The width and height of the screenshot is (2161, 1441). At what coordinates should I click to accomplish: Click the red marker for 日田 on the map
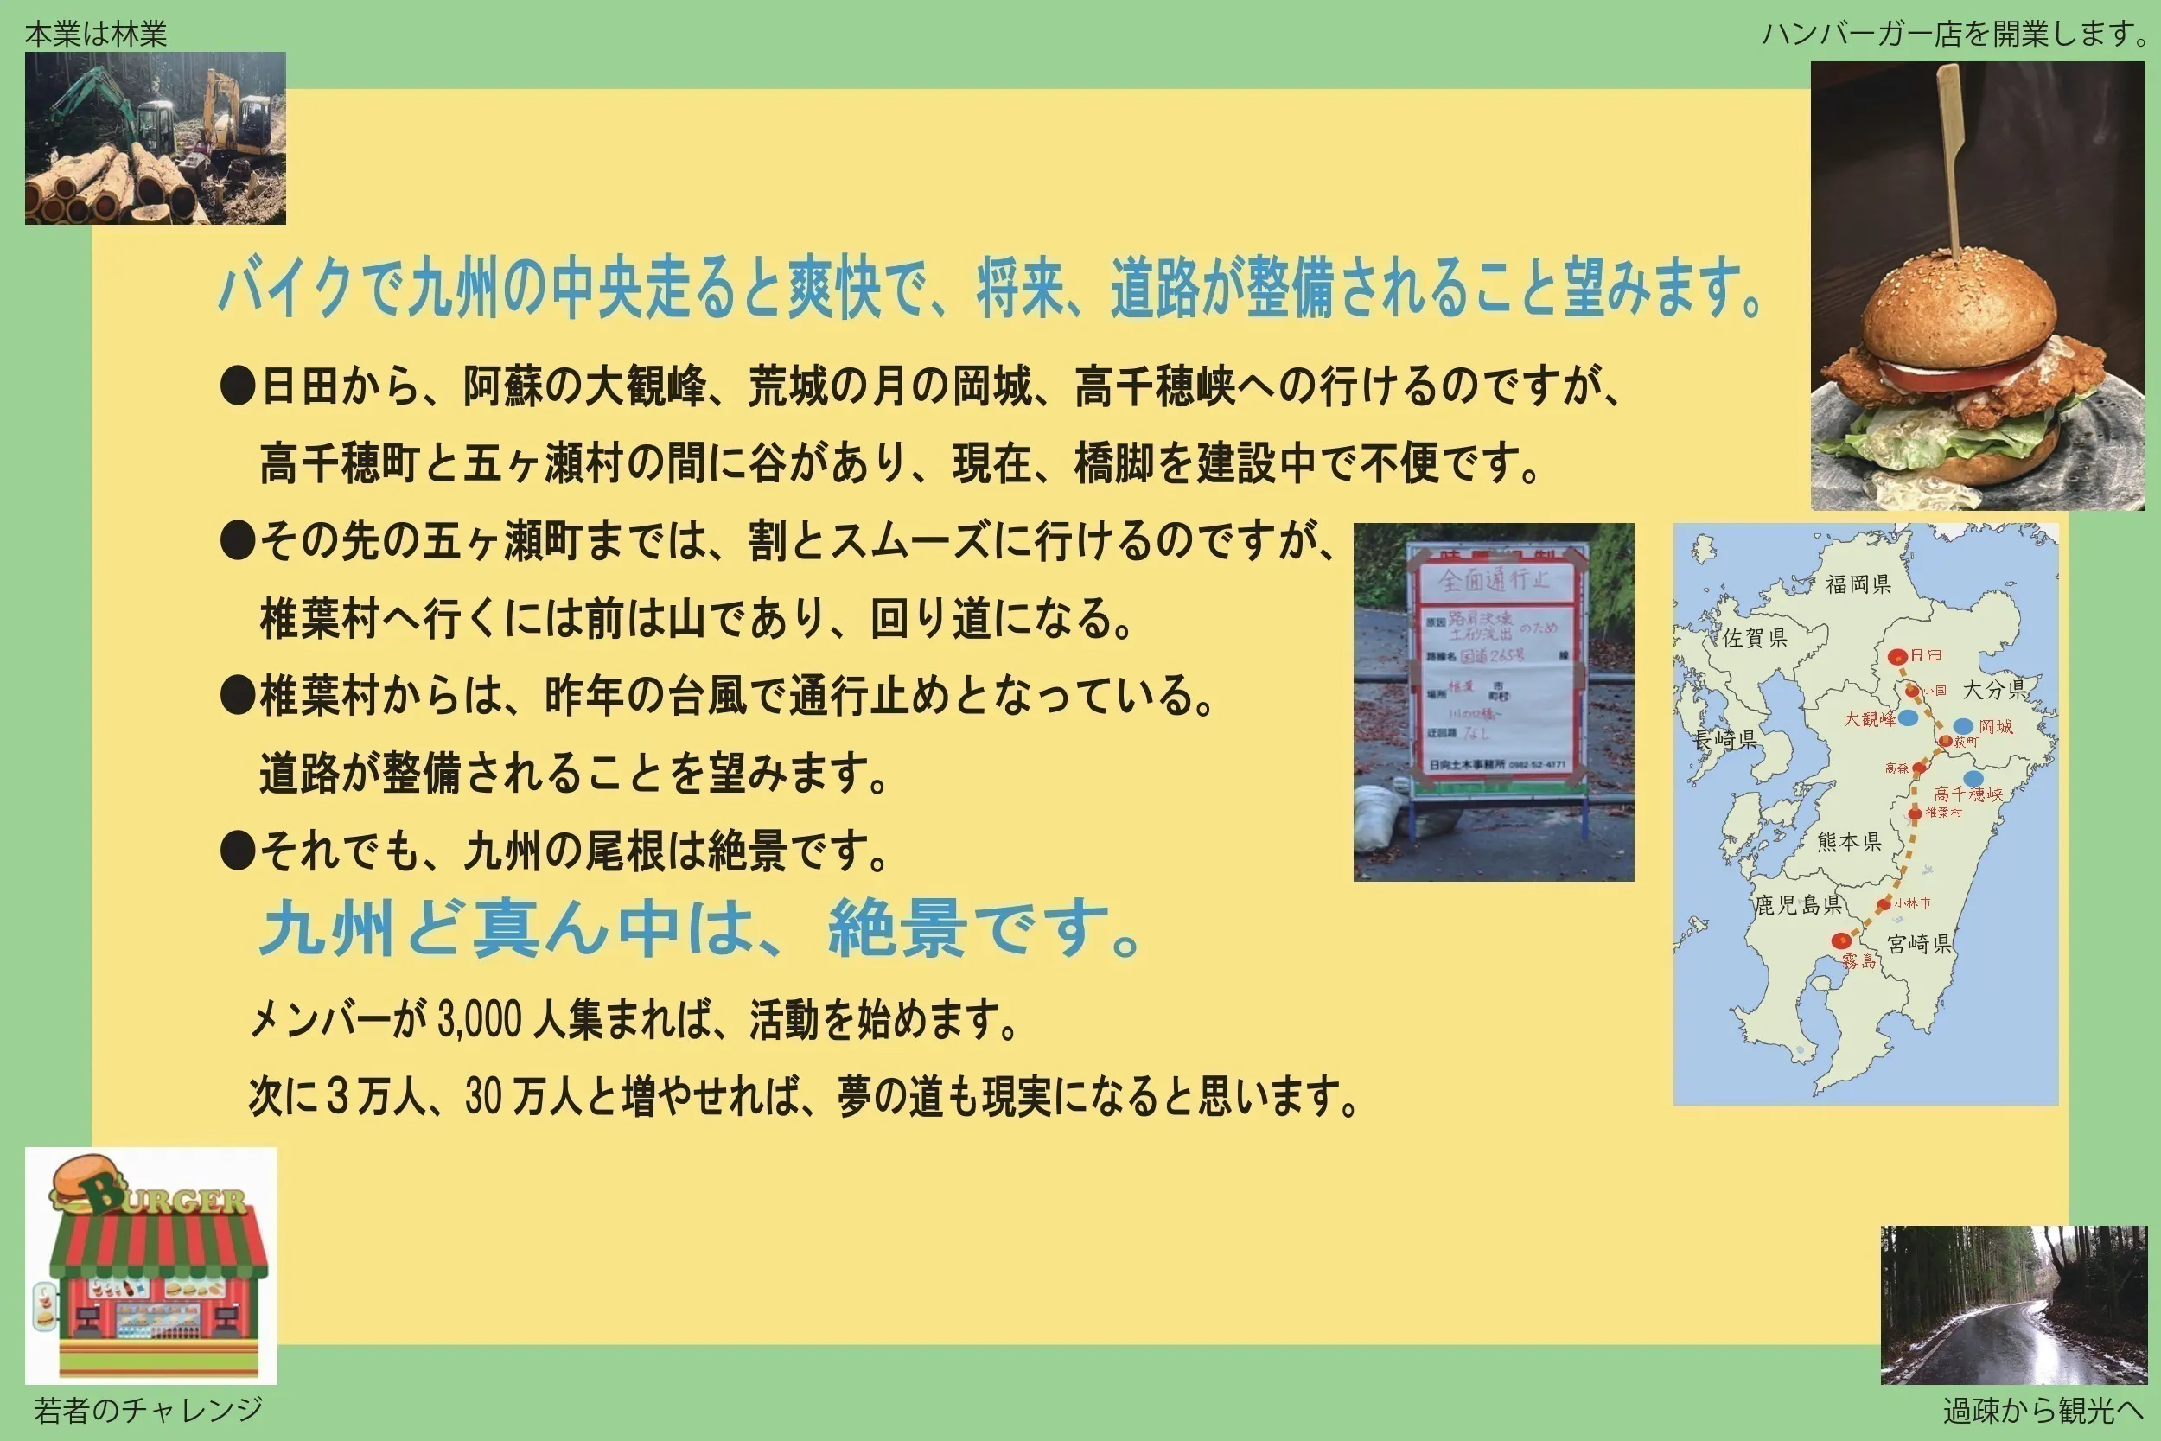click(x=1897, y=656)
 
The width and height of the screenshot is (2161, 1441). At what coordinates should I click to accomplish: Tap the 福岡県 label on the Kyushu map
click(x=1858, y=583)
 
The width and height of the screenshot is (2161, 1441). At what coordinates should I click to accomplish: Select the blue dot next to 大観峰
click(x=1909, y=717)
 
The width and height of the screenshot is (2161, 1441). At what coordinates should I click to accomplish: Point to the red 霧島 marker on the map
click(x=1840, y=941)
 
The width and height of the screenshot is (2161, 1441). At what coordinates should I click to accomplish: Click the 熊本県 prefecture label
click(x=1849, y=841)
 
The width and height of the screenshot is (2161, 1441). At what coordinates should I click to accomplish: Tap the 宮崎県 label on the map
click(x=1919, y=943)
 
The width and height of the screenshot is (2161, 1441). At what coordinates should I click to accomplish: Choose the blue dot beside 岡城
click(x=1962, y=726)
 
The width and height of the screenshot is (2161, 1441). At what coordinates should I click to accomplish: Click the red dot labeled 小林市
click(x=1884, y=904)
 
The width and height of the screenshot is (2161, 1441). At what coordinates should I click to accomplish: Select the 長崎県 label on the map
click(x=1725, y=740)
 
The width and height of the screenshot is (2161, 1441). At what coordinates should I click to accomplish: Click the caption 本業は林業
click(x=96, y=34)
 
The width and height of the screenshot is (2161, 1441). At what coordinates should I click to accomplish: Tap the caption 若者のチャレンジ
click(x=148, y=1409)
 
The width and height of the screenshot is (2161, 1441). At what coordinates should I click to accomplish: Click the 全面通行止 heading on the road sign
click(x=1493, y=580)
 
